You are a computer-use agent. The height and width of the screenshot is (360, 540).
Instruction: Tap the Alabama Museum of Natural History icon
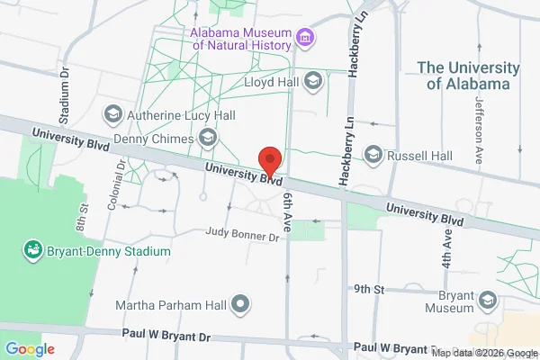pyautogui.click(x=306, y=39)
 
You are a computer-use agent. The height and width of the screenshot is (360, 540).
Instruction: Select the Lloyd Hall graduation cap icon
pyautogui.click(x=312, y=82)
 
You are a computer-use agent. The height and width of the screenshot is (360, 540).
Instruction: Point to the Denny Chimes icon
pyautogui.click(x=209, y=138)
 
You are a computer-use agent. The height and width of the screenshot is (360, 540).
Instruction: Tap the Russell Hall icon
pyautogui.click(x=373, y=156)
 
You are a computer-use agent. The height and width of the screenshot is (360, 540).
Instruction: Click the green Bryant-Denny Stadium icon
pyautogui.click(x=33, y=248)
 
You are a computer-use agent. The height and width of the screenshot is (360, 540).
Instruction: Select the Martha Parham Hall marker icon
pyautogui.click(x=240, y=304)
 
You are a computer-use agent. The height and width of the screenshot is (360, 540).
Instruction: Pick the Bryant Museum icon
pyautogui.click(x=487, y=299)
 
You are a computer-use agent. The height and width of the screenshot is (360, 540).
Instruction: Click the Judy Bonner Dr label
pyautogui.click(x=242, y=236)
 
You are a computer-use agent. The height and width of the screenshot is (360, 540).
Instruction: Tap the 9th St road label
pyautogui.click(x=369, y=289)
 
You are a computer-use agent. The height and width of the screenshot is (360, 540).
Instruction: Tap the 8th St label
pyautogui.click(x=81, y=217)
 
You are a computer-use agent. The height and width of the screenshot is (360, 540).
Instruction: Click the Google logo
pyautogui.click(x=30, y=348)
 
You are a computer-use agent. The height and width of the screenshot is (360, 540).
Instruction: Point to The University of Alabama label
pyautogui.click(x=467, y=76)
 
